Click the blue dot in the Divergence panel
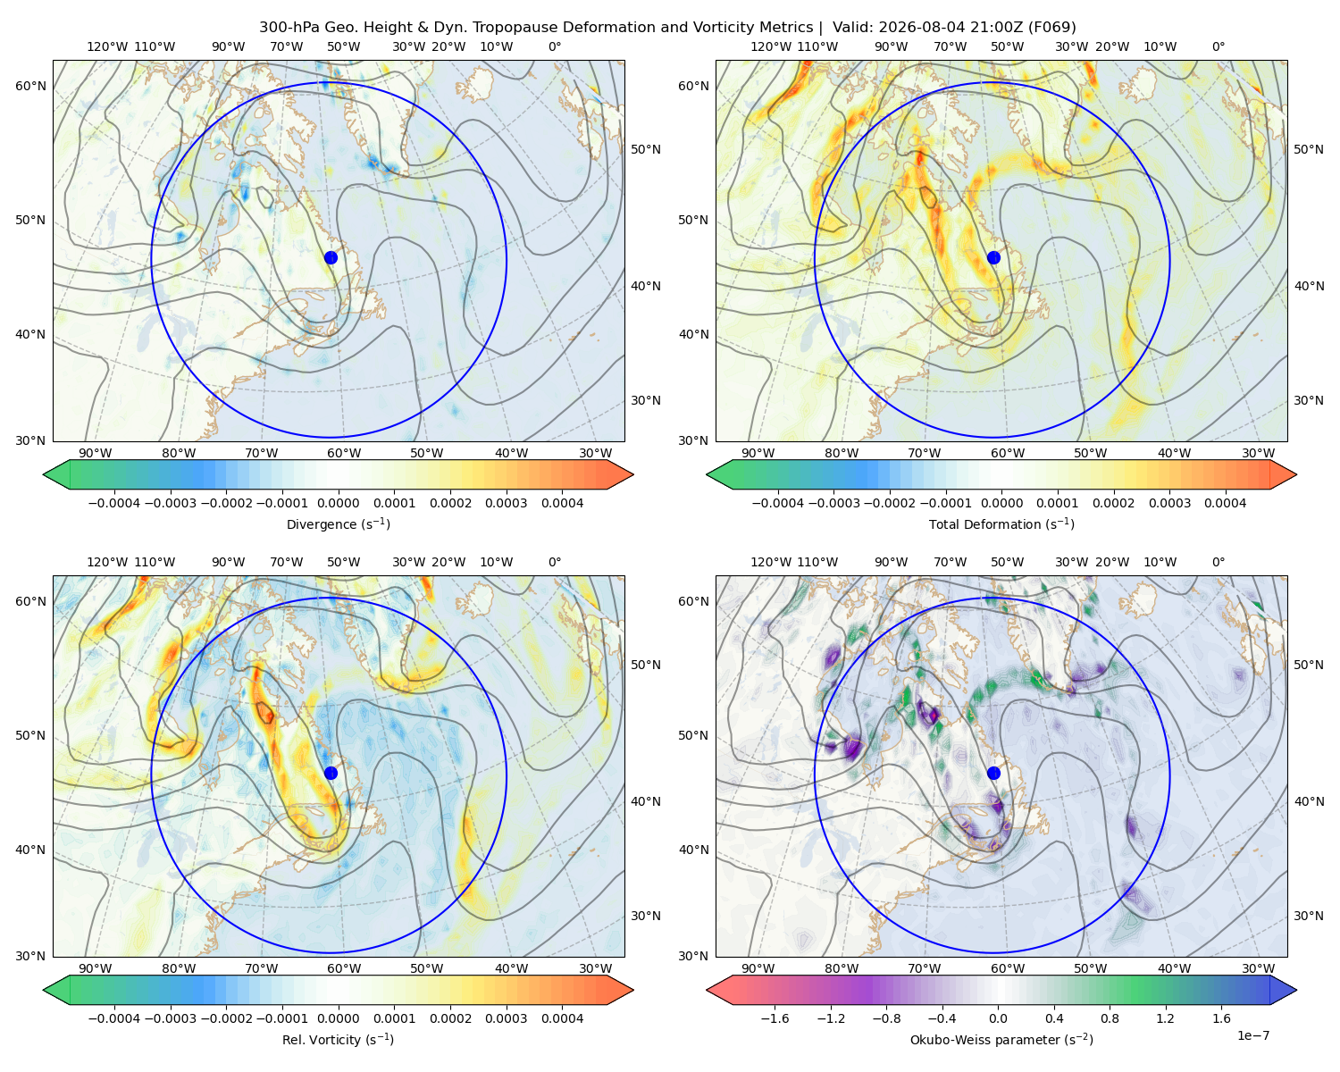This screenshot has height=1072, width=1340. (x=331, y=257)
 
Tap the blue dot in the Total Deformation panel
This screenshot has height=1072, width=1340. (x=993, y=257)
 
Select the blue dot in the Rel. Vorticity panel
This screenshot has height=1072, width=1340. (x=331, y=773)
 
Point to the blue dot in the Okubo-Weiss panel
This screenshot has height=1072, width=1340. (x=993, y=773)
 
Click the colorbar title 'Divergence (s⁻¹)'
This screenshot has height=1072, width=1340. (x=338, y=523)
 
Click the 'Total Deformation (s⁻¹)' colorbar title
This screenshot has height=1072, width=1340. (x=1001, y=523)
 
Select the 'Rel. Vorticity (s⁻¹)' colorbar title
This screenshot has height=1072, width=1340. (x=338, y=1039)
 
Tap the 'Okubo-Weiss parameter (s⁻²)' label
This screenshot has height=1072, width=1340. (x=1001, y=1039)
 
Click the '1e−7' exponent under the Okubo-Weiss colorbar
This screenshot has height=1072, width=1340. (x=1252, y=1035)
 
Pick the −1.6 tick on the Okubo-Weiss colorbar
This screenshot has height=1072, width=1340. (x=775, y=1018)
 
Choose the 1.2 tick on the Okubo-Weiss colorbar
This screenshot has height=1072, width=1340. (x=1165, y=1018)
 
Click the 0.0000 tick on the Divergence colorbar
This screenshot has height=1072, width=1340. (x=338, y=503)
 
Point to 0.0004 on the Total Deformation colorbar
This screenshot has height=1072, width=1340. (x=1225, y=503)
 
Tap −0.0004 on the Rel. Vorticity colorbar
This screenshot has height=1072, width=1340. (x=114, y=1018)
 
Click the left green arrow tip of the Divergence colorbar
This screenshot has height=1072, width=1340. (x=44, y=474)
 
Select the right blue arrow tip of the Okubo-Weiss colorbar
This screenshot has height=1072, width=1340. (x=1296, y=990)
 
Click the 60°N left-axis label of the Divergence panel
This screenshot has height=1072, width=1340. (x=30, y=86)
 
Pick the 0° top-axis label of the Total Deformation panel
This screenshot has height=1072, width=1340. (x=1218, y=46)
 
